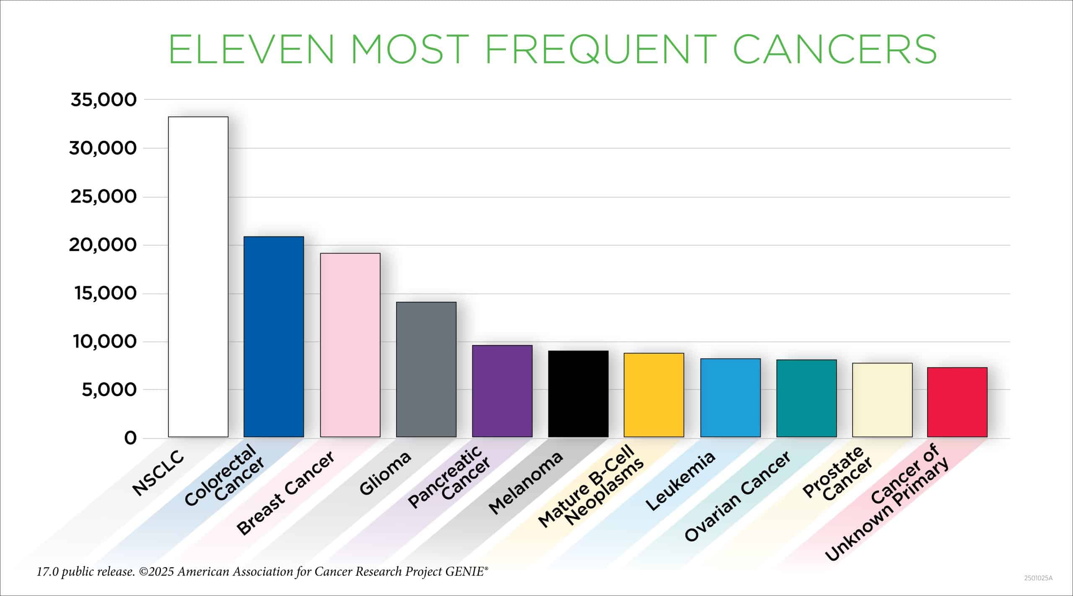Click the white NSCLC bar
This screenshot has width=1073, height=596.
tap(198, 277)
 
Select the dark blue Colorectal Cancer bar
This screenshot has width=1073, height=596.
tap(274, 337)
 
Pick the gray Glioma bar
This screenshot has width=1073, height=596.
tap(426, 369)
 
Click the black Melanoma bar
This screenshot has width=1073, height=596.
tap(578, 394)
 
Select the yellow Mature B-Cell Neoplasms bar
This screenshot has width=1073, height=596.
tap(654, 395)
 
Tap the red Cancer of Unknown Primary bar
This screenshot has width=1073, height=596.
tap(957, 402)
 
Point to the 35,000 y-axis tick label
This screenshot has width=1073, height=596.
tap(104, 100)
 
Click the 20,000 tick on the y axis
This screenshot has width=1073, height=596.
tap(103, 245)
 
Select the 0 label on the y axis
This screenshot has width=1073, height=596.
tap(130, 438)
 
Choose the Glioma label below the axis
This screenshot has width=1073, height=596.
tap(385, 474)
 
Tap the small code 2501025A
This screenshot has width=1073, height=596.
tap(1038, 578)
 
